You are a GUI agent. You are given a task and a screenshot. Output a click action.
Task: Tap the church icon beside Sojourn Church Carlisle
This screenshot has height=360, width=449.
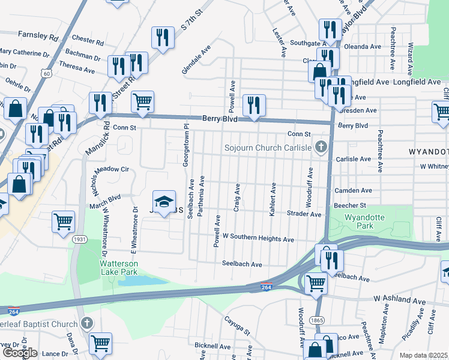[321, 147]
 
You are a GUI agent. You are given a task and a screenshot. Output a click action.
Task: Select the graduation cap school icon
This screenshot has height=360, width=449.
[164, 202]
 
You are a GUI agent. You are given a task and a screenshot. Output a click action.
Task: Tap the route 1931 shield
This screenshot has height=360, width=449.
[79, 239]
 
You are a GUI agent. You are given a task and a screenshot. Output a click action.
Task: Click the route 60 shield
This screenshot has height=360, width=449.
[46, 73]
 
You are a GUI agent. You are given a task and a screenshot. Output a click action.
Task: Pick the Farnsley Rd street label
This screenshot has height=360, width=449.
[38, 36]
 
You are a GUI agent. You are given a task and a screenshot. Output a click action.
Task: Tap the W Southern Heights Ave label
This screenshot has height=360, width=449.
[258, 239]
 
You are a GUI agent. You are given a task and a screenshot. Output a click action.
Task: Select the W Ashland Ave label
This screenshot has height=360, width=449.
[399, 299]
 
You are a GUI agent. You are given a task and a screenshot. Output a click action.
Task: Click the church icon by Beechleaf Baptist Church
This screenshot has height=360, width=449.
[87, 324]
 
